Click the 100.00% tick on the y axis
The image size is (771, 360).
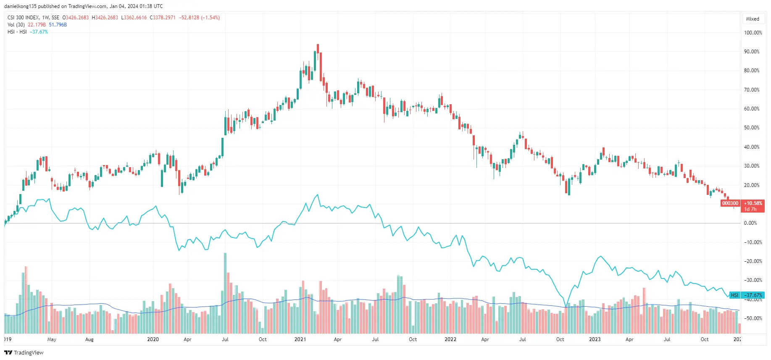pyautogui.click(x=753, y=33)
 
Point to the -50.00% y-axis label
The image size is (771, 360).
pyautogui.click(x=753, y=318)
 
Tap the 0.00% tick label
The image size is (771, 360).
pyautogui.click(x=750, y=223)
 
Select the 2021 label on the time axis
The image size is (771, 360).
pyautogui.click(x=300, y=339)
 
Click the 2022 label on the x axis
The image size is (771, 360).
pyautogui.click(x=450, y=339)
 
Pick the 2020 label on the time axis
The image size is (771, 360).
pyautogui.click(x=153, y=339)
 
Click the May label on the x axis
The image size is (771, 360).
pyautogui.click(x=52, y=339)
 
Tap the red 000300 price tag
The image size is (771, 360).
pyautogui.click(x=730, y=203)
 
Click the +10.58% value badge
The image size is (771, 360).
pyautogui.click(x=753, y=203)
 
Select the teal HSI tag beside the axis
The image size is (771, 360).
pyautogui.click(x=734, y=295)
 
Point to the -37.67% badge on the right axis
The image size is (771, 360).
pyautogui.click(x=753, y=295)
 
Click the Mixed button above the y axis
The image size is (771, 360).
pyautogui.click(x=753, y=19)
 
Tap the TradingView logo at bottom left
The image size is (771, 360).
pyautogui.click(x=24, y=352)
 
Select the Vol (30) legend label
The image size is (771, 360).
pyautogui.click(x=16, y=25)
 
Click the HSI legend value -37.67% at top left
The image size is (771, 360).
pyautogui.click(x=39, y=32)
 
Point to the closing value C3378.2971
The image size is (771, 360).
pyautogui.click(x=163, y=18)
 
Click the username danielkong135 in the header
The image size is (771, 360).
pyautogui.click(x=20, y=6)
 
